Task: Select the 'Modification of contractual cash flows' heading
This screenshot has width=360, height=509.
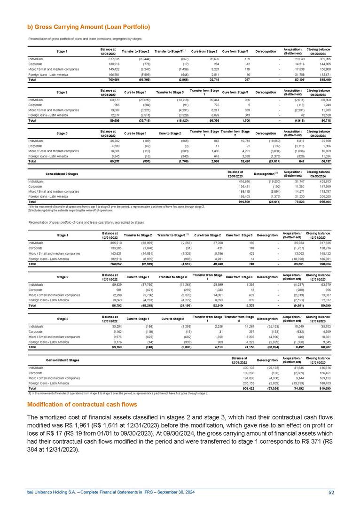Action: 82,404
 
